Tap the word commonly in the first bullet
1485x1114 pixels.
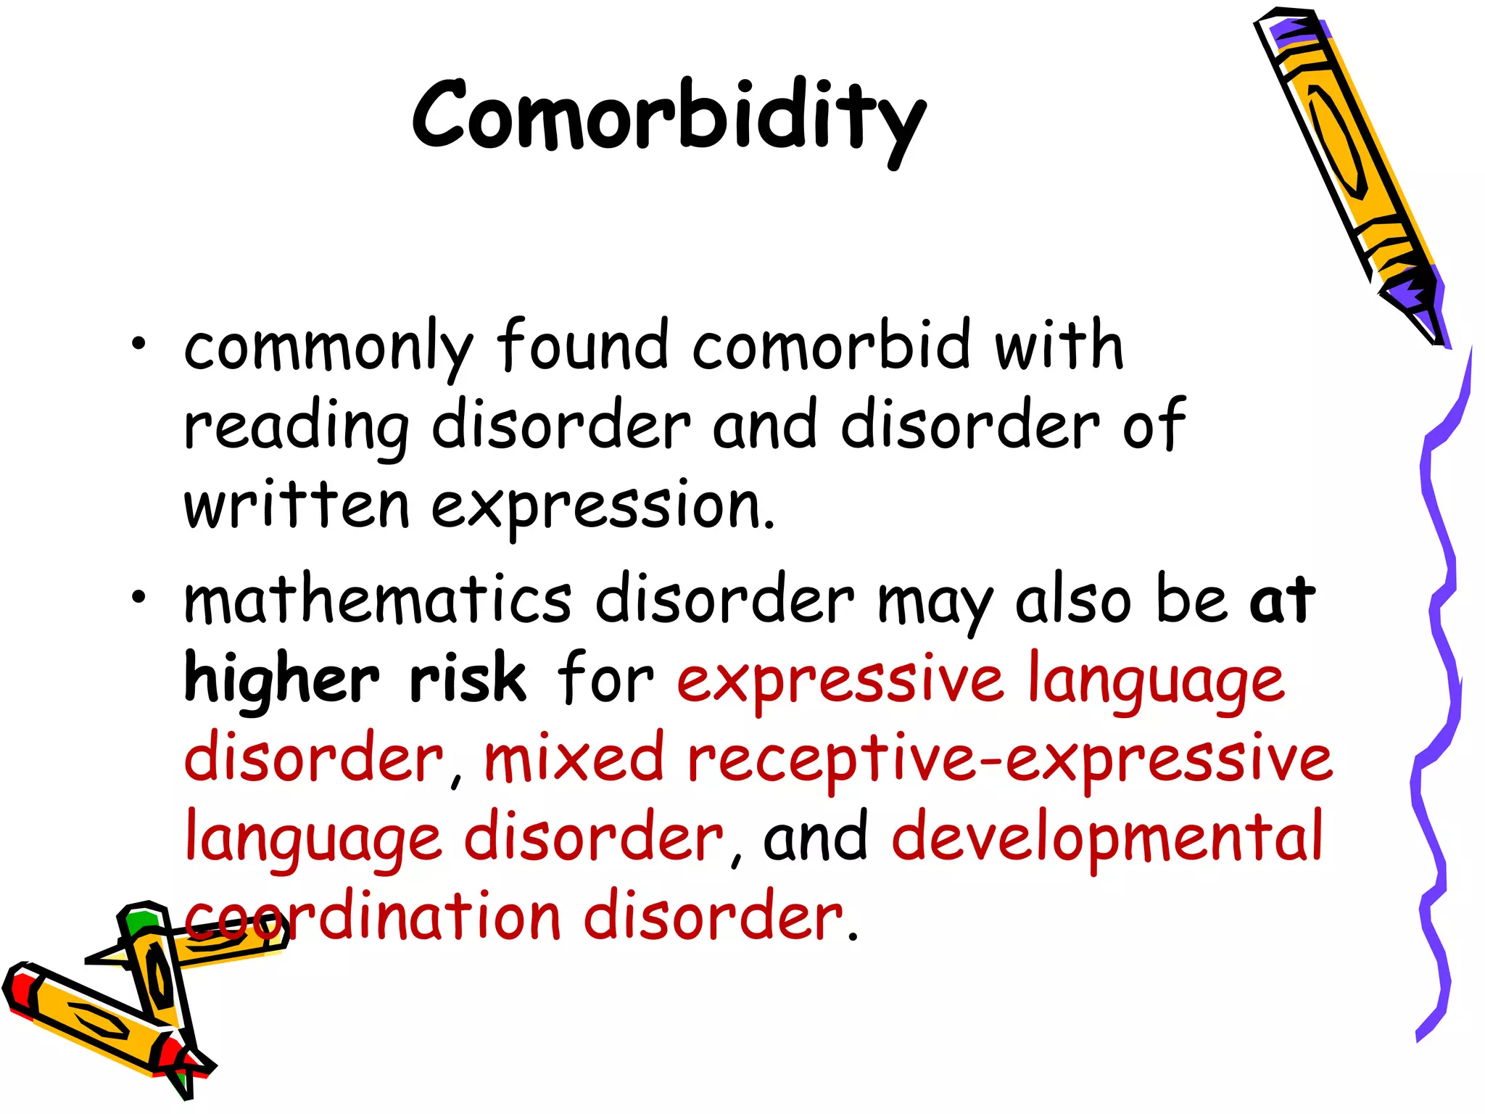click(x=328, y=348)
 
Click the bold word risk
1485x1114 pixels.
click(x=468, y=679)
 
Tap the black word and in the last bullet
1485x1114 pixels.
click(x=815, y=838)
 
